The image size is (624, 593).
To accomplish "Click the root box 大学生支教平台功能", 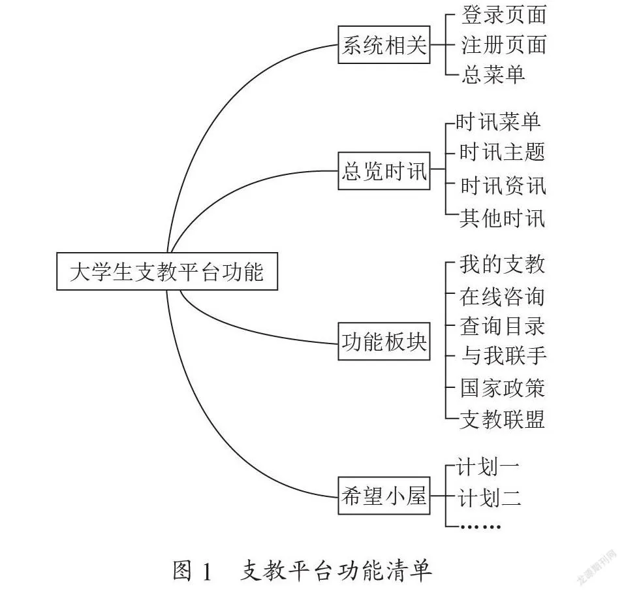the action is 166,271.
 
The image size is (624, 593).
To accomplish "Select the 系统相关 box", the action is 384,44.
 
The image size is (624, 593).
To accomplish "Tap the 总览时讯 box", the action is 384,171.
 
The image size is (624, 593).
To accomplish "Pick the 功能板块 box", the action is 384,342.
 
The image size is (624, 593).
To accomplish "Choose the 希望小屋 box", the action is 384,496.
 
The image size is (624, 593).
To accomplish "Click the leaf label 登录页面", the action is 503,15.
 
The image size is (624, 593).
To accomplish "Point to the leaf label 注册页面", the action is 503,44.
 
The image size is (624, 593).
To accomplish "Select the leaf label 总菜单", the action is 493,74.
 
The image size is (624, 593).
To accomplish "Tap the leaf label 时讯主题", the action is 502,152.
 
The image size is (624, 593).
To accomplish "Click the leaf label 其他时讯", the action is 502,218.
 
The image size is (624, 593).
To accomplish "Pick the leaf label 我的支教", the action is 502,264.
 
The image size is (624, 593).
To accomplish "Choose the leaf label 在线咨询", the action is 502,296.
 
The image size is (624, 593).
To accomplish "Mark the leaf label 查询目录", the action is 502,326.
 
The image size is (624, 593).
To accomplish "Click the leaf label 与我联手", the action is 503,355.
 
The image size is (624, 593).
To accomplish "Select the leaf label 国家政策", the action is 503,388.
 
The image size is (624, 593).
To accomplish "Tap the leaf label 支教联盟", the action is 502,419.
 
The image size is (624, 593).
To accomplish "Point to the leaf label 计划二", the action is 489,498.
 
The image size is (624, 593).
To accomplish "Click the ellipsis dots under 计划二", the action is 480,526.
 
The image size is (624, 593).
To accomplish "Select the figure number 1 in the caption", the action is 206,571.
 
